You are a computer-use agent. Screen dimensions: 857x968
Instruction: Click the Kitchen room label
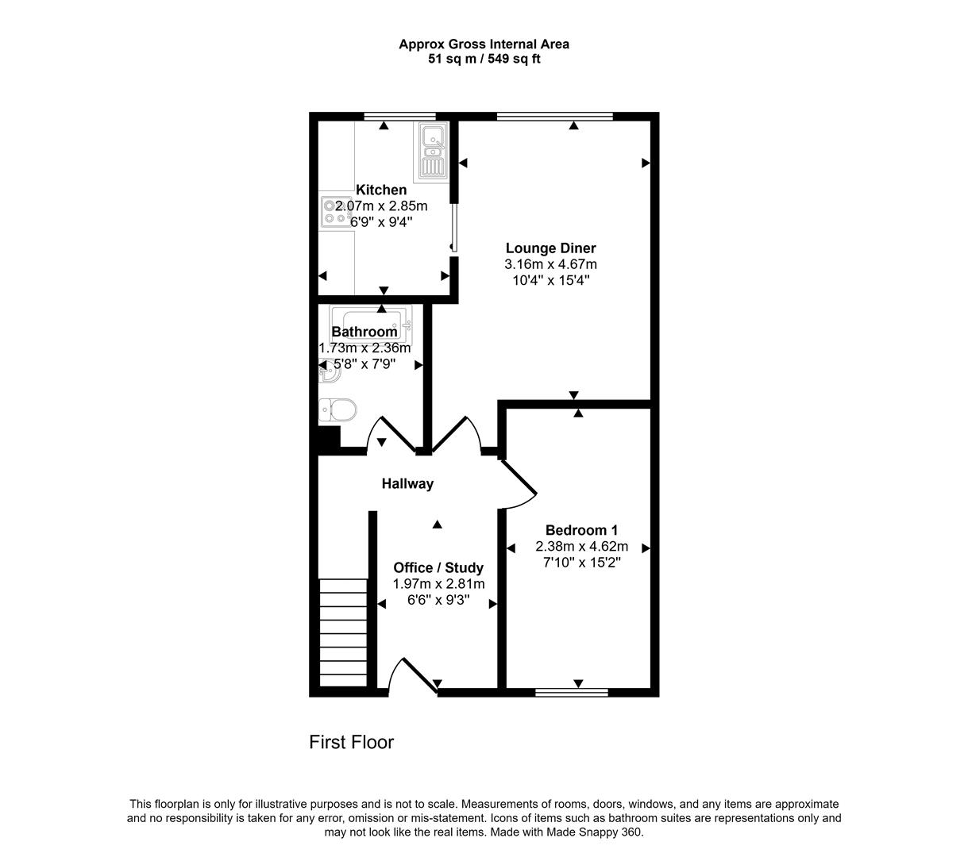coord(381,190)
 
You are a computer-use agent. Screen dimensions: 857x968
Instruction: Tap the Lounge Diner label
coord(550,248)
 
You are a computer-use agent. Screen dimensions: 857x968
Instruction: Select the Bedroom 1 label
coord(581,530)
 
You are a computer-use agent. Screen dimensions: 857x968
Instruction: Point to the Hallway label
coord(407,483)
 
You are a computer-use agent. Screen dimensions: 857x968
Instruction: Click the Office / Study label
coord(438,567)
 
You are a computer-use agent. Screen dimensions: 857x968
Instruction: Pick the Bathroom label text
coord(364,332)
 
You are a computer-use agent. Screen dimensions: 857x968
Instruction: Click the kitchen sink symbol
coord(432,152)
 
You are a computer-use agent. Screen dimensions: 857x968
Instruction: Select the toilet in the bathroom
coord(337,411)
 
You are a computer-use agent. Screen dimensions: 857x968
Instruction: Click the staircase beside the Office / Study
coord(344,632)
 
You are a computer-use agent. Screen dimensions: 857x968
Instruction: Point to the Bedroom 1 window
coord(572,693)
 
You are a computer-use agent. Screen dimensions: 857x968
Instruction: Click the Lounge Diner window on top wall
coord(555,117)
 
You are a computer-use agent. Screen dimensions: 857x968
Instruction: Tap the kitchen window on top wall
coord(395,117)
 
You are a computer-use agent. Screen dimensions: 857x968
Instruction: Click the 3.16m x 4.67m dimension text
coord(550,264)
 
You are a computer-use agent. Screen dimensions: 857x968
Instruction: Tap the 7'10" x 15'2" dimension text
coord(581,562)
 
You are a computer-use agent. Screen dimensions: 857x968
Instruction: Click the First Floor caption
coord(351,742)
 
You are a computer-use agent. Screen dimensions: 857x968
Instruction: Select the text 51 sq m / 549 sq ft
coord(484,59)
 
